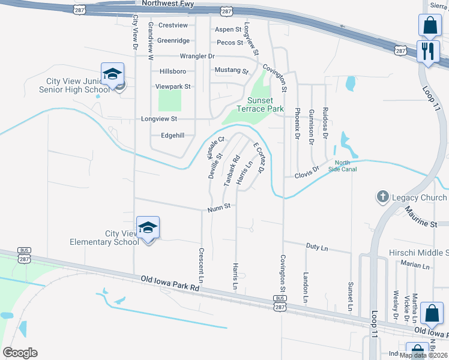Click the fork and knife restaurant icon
tap(428, 50)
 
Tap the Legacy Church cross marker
tap(382, 197)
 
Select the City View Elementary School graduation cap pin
tap(148, 228)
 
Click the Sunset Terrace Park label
tap(265, 105)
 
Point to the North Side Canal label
tap(346, 166)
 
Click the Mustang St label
tap(232, 70)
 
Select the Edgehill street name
tap(172, 136)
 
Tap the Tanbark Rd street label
tap(232, 170)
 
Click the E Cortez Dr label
tap(259, 158)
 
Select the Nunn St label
tap(220, 208)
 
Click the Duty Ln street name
tap(317, 247)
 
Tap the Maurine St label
tap(420, 217)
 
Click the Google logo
tap(20, 353)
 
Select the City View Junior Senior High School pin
tap(112, 74)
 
